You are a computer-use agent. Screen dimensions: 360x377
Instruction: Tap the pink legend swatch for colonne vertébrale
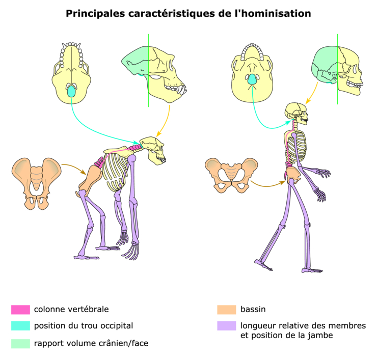[20, 309]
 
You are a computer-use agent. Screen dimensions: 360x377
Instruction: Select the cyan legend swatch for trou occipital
[20, 325]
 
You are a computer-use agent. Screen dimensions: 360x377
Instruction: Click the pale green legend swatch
[20, 343]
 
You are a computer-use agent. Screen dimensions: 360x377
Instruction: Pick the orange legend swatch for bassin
[226, 309]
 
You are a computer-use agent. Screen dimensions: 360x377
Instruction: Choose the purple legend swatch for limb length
[226, 326]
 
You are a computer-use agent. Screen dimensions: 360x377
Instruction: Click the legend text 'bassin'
[253, 309]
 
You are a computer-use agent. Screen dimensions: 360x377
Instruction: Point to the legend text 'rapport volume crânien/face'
[91, 343]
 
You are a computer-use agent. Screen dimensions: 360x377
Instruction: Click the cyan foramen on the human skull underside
[251, 78]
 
